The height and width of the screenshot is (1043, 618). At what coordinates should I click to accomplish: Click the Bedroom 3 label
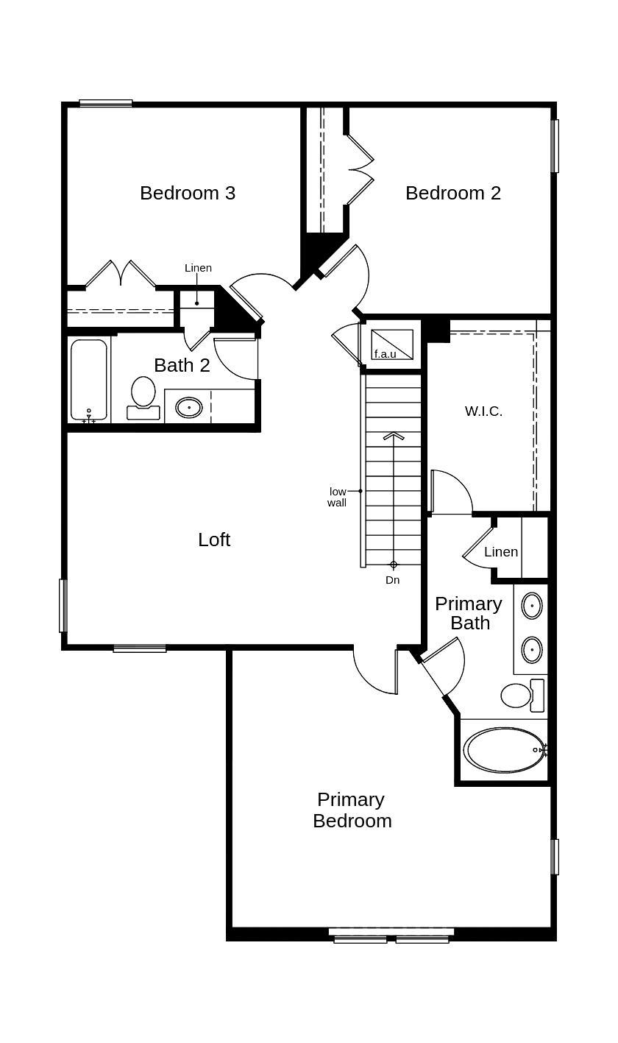188,193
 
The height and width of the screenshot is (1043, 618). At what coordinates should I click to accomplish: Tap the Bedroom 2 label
453,193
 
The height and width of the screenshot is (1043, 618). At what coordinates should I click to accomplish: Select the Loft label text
214,540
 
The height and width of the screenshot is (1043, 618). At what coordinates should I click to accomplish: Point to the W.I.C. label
484,411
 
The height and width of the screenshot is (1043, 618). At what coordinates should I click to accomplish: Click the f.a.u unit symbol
392,344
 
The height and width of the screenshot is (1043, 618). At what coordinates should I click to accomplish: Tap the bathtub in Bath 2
89,380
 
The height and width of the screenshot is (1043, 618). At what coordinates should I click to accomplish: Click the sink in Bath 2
189,406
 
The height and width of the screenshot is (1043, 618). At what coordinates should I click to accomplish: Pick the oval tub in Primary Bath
505,750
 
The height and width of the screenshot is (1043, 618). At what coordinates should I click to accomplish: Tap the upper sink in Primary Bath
532,606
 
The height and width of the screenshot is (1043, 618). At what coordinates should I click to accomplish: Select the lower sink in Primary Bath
532,650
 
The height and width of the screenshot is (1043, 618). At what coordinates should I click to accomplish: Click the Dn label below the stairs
393,580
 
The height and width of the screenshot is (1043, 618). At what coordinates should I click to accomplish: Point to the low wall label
337,497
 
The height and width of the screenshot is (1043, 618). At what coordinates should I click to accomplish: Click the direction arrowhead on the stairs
394,436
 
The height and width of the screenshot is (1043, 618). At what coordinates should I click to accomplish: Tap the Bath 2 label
182,365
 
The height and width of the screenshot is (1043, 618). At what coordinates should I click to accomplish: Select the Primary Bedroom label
352,810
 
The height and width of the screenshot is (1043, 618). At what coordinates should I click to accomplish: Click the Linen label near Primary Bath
501,552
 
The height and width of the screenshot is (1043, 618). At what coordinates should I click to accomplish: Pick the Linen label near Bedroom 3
198,268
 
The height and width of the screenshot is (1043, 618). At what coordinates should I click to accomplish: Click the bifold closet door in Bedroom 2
360,170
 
